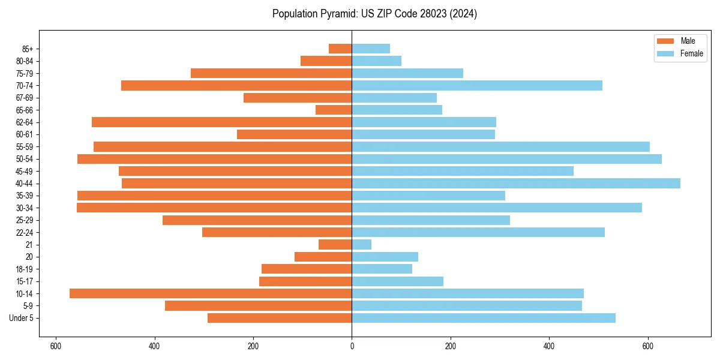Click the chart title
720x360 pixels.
click(374, 14)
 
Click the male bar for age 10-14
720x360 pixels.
click(210, 293)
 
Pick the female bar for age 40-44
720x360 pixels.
click(516, 183)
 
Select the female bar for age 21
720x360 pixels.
click(362, 244)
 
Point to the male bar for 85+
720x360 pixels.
click(340, 49)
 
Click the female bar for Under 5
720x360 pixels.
click(484, 318)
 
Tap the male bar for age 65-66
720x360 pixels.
click(334, 110)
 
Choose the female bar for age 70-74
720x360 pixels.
click(477, 85)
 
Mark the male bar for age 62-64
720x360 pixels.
click(221, 122)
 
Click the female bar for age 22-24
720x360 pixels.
click(478, 232)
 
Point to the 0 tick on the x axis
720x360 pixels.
click(352, 346)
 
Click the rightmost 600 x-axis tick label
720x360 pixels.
click(647, 346)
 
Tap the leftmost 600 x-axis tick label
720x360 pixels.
click(56, 346)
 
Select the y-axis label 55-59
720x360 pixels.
click(25, 146)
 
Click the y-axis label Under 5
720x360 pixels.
click(21, 318)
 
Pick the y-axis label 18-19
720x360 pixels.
click(25, 269)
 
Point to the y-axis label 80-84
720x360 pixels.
click(25, 61)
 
